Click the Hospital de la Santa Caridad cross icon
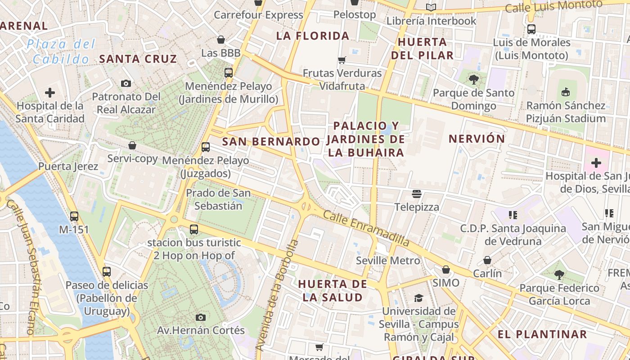(x=50, y=93)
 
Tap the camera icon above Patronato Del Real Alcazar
(x=126, y=83)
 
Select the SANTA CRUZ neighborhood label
(x=138, y=59)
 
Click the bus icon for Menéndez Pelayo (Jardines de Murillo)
(x=229, y=72)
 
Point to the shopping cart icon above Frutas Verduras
(x=342, y=60)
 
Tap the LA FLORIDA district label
(x=312, y=36)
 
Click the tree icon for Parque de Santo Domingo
(x=473, y=80)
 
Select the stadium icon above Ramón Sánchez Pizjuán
(x=566, y=92)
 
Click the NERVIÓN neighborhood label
(x=477, y=139)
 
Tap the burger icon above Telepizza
(x=417, y=194)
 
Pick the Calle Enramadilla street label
(x=366, y=229)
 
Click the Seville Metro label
(x=387, y=261)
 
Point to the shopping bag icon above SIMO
(x=446, y=270)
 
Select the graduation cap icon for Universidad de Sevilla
(x=418, y=298)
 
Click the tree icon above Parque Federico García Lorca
(x=559, y=274)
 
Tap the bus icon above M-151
(x=74, y=216)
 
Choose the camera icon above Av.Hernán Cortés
(x=201, y=317)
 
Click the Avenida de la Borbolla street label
(x=277, y=295)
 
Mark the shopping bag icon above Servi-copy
(x=132, y=145)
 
